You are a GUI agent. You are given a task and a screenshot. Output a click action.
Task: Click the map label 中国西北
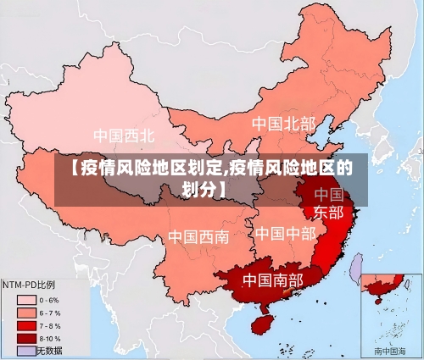coord(124,135)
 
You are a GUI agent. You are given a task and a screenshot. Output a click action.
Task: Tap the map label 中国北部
coord(283,124)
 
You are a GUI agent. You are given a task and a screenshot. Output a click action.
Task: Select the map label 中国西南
coord(198,236)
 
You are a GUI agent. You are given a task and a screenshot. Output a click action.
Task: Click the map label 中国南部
coord(272,279)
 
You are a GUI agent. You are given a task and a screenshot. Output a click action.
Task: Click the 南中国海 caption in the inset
coord(391,350)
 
